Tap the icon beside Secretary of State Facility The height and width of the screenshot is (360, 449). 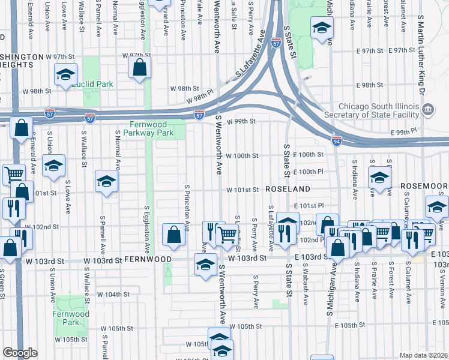coord(427,109)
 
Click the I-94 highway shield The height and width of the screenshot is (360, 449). coord(337,140)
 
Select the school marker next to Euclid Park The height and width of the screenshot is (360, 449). coord(64,76)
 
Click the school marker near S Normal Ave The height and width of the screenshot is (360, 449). coord(106,181)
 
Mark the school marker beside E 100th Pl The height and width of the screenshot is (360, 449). coord(379,177)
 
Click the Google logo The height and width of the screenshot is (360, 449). coord(20,352)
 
